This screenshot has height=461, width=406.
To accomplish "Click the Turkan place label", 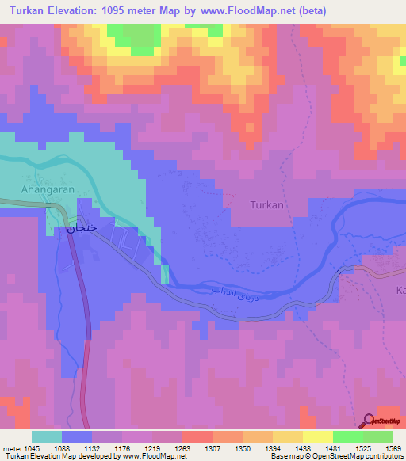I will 266,204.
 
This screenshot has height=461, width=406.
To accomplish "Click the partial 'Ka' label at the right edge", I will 400,291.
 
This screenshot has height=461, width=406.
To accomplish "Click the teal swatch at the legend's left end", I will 47,436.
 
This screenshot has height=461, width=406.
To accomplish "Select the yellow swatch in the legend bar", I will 317,436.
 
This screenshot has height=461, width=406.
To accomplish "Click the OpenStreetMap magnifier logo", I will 370,421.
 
